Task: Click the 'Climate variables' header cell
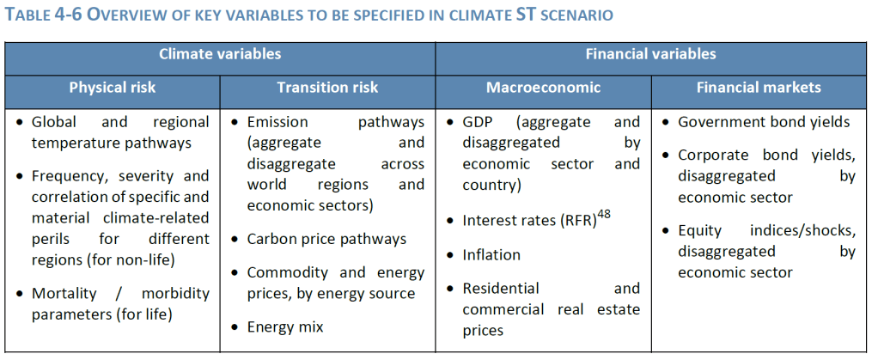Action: coord(220,54)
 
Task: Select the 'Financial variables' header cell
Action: coord(650,54)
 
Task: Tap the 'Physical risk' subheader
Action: coord(113,88)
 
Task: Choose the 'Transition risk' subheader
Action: coord(327,88)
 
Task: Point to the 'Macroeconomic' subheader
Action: coord(543,88)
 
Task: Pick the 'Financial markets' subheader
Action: coord(759,88)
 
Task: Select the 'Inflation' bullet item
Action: coord(491,254)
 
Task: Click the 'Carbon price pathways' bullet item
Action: coord(326,239)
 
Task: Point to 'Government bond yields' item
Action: coord(764,122)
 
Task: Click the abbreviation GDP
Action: coord(479,122)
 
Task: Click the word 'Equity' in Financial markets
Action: coord(700,231)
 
